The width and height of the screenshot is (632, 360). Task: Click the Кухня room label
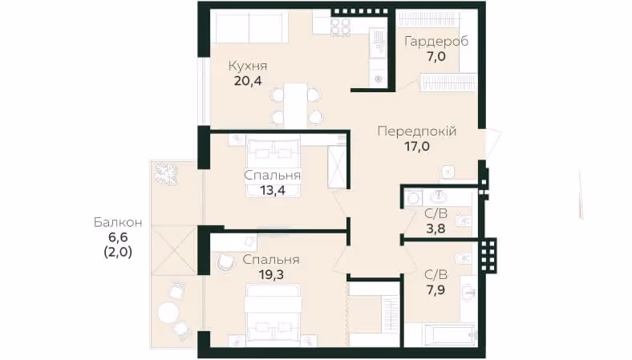pos(248,66)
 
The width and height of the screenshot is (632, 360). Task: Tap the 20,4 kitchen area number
pos(248,81)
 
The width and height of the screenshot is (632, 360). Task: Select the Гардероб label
pos(436,42)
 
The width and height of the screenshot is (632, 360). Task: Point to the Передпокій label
pos(417,131)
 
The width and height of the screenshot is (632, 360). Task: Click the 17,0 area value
pos(417,147)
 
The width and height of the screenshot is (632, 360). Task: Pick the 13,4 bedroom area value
pos(273,190)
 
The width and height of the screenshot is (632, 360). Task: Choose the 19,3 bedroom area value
pos(271,275)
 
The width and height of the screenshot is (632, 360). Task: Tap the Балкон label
pos(118,223)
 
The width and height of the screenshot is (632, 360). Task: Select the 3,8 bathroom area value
pos(436,229)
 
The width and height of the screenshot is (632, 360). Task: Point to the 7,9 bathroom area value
pos(436,290)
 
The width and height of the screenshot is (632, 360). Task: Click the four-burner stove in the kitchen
pos(341,27)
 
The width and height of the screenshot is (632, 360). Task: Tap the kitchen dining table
pos(296,105)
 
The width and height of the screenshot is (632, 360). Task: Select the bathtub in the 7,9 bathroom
pos(449,334)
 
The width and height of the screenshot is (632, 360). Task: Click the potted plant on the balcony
pos(167,174)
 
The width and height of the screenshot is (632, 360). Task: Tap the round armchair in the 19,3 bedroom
pos(225,263)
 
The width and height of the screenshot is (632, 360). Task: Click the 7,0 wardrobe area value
pos(436,56)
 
